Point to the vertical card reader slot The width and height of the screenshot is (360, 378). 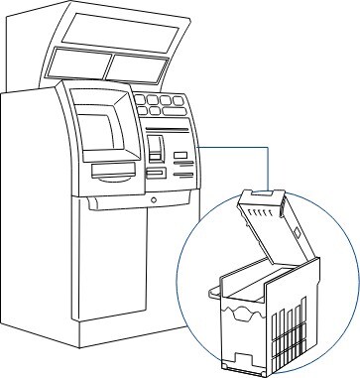[x=157, y=150]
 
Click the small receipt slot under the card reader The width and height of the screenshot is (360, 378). [x=157, y=173]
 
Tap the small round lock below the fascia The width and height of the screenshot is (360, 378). [x=154, y=199]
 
